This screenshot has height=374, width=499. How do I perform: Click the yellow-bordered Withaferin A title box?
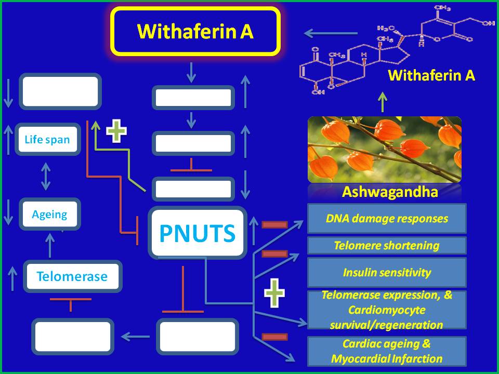pyautogui.click(x=195, y=31)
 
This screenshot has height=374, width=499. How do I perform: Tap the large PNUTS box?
pyautogui.click(x=197, y=233)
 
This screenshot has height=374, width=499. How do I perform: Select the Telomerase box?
pyautogui.click(x=72, y=276)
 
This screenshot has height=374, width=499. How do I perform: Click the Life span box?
pyautogui.click(x=47, y=139)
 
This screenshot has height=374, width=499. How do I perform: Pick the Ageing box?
pyautogui.click(x=49, y=214)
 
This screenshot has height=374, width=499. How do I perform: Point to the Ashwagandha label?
pyautogui.click(x=390, y=192)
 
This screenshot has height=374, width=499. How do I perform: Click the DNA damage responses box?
pyautogui.click(x=387, y=218)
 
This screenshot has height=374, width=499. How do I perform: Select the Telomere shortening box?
pyautogui.click(x=387, y=245)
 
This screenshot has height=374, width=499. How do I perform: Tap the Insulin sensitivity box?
pyautogui.click(x=387, y=272)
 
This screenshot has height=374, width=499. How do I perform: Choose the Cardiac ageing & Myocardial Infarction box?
pyautogui.click(x=387, y=351)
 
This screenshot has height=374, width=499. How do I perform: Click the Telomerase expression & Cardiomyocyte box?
pyautogui.click(x=387, y=310)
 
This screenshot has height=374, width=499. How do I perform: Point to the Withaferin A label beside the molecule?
pyautogui.click(x=431, y=76)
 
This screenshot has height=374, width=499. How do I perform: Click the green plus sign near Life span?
pyautogui.click(x=116, y=131)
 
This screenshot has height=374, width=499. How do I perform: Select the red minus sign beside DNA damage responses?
pyautogui.click(x=274, y=224)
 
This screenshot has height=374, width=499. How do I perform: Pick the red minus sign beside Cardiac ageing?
pyautogui.click(x=274, y=337)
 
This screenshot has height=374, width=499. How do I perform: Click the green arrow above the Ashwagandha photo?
pyautogui.click(x=382, y=102)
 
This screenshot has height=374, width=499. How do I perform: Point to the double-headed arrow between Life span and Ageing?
pyautogui.click(x=46, y=176)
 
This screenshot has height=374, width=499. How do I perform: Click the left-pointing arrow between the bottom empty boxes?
pyautogui.click(x=135, y=337)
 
